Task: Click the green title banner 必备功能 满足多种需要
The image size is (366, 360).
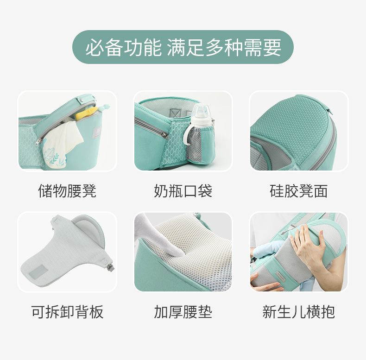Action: [183, 47]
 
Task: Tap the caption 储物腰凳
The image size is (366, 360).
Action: [67, 191]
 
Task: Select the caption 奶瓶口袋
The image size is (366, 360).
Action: [183, 191]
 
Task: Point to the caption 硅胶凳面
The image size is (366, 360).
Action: [298, 191]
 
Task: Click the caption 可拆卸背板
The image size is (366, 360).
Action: [67, 312]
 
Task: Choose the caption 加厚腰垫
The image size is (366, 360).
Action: [183, 312]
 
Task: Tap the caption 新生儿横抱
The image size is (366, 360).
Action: [298, 312]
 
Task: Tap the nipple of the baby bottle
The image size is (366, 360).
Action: [200, 109]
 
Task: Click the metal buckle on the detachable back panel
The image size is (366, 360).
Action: [111, 266]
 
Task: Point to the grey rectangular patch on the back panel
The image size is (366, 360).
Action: [37, 272]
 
